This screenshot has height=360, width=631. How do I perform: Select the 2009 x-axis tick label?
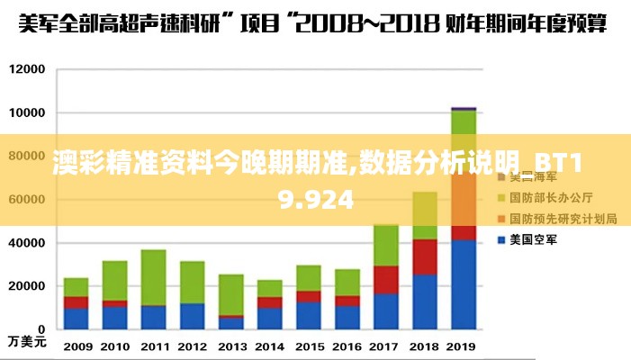(77, 346)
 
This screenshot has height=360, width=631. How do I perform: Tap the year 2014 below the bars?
(270, 346)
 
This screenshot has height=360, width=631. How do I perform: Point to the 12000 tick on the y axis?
(27, 69)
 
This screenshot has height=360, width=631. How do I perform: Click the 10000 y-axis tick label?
(27, 113)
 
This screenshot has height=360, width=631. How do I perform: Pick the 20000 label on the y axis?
(27, 285)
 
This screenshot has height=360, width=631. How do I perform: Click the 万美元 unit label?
(26, 342)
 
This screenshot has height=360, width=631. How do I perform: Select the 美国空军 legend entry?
(535, 240)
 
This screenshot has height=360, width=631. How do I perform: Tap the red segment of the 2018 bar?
(425, 256)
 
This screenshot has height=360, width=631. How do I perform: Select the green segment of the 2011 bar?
(154, 277)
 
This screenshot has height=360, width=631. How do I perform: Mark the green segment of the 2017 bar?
(386, 245)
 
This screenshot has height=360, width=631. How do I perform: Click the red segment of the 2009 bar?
(77, 302)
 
